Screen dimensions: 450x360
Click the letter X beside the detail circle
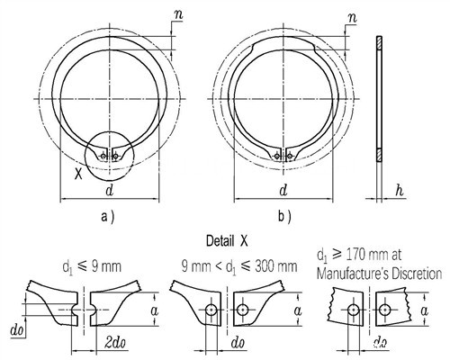(78, 174)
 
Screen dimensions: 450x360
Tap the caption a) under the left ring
(107, 217)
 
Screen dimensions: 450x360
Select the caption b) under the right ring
(284, 217)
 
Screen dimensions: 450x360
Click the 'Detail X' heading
(227, 241)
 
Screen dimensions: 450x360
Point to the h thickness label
(399, 190)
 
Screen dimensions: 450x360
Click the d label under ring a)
(110, 190)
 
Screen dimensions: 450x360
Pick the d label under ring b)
(283, 190)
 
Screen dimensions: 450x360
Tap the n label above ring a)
(178, 15)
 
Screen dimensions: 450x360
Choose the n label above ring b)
(352, 18)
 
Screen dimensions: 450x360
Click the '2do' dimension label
(115, 343)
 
